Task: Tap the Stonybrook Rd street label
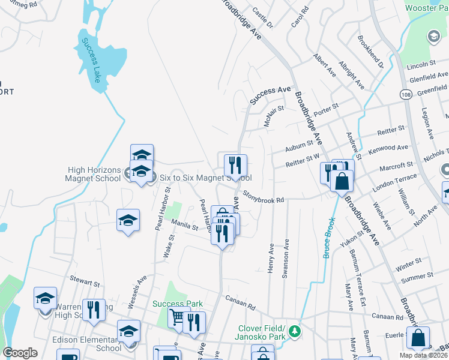click(264, 197)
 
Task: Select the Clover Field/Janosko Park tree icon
click(295, 331)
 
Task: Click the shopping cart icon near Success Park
click(178, 318)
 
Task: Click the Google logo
click(20, 353)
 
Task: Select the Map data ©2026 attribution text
click(423, 356)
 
